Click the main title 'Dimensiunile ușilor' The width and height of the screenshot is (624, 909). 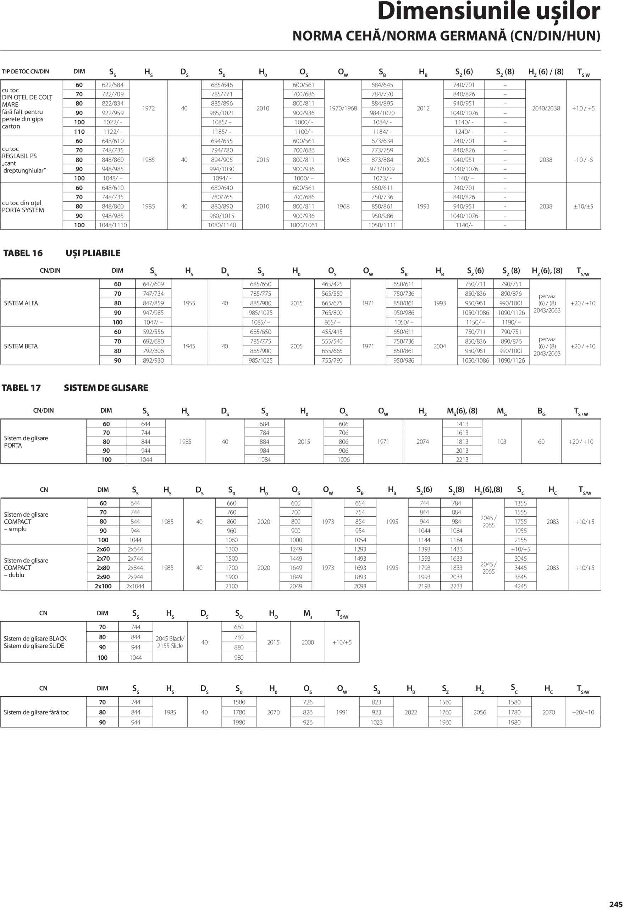tap(488, 12)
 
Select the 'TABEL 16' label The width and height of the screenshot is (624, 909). tap(23, 253)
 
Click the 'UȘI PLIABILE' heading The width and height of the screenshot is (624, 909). tap(93, 253)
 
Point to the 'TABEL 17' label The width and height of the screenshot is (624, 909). tap(21, 388)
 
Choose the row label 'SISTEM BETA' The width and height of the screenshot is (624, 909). tap(21, 346)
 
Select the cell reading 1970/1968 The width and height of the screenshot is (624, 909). tap(343, 108)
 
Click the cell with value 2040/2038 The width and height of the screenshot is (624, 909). tap(546, 108)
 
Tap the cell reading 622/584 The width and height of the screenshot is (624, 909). tap(113, 85)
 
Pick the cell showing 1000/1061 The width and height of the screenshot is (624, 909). tap(303, 225)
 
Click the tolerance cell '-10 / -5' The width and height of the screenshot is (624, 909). tap(583, 160)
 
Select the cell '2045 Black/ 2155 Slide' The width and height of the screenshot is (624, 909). tap(170, 642)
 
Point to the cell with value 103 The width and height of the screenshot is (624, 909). tap(502, 442)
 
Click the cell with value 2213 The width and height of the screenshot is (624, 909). tap(462, 459)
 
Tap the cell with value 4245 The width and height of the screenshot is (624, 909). tap(520, 586)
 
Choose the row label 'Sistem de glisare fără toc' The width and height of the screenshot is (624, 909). tap(36, 712)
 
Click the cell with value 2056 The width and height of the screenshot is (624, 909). tap(480, 712)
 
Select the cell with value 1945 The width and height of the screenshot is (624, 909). tap(189, 346)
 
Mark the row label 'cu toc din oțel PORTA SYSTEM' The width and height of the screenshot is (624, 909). tap(23, 207)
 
